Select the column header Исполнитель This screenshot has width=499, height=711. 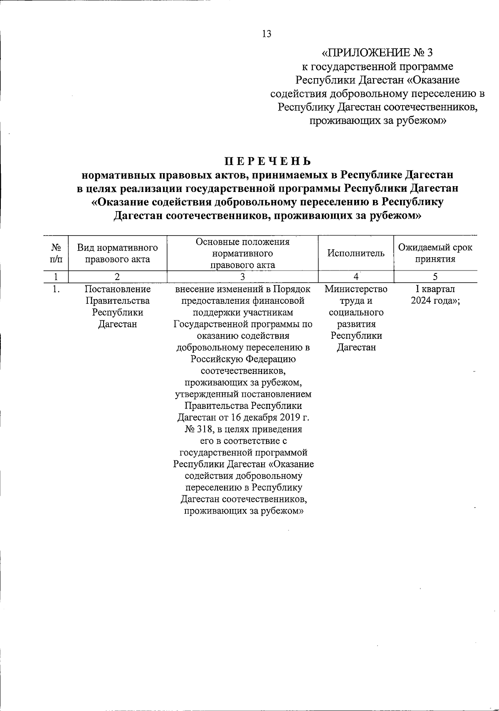coord(356,253)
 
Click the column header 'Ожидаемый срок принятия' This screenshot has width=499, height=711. coord(435,253)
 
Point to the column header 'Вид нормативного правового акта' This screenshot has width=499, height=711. coord(117,253)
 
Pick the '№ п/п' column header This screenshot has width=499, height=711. coord(56,253)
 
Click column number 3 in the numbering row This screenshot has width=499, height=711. coord(243,276)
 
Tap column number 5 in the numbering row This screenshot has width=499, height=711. coord(435,276)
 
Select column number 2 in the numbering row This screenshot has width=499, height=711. coord(117,276)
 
